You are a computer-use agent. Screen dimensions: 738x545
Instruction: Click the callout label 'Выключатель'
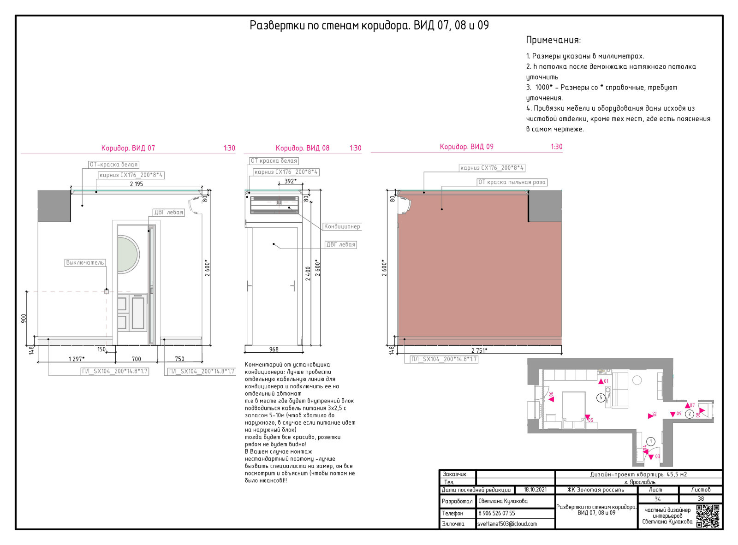[x=85, y=262]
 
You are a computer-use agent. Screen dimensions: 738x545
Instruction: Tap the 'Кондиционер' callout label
[x=342, y=226]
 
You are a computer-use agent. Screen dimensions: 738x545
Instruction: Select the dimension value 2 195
[x=137, y=184]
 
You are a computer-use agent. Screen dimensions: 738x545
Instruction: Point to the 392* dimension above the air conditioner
[x=290, y=181]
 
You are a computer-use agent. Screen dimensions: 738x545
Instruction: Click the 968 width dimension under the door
[x=274, y=350]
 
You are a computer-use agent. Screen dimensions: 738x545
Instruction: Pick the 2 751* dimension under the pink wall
[x=479, y=350]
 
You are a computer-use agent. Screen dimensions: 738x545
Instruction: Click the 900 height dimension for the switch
[x=24, y=319]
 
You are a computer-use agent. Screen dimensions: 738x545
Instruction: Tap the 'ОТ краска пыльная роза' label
[x=512, y=182]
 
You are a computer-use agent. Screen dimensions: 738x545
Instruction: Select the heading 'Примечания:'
[x=553, y=40]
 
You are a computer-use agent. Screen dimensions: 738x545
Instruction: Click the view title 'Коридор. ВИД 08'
[x=303, y=148]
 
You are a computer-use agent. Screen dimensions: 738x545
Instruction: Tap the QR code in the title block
[x=708, y=516]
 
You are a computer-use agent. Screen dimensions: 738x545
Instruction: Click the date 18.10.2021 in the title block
[x=535, y=490]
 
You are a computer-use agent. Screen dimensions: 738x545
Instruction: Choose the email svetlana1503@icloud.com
[x=507, y=524]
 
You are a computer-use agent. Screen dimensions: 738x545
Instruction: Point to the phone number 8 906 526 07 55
[x=496, y=513]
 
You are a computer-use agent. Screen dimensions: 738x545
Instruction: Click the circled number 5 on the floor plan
[x=601, y=397]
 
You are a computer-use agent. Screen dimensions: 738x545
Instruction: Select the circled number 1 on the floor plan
[x=651, y=442]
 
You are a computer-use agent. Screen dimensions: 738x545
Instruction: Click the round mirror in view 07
[x=128, y=255]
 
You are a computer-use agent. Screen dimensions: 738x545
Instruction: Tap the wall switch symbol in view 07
[x=107, y=291]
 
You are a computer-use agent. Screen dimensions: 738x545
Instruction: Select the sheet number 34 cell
[x=657, y=499]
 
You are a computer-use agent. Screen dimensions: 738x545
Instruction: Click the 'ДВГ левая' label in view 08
[x=341, y=244]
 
